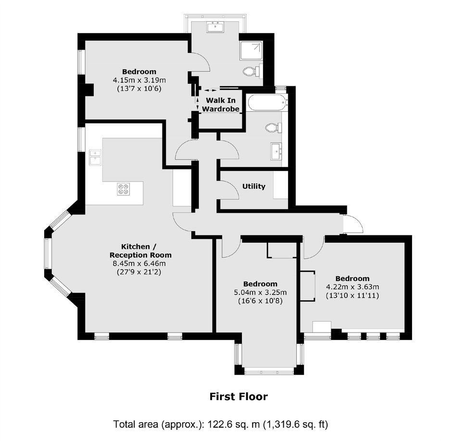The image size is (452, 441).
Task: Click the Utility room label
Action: pyautogui.click(x=254, y=186)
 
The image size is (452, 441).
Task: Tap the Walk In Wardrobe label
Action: pyautogui.click(x=221, y=104)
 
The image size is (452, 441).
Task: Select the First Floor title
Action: pyautogui.click(x=239, y=397)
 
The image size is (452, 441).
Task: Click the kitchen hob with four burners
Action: pyautogui.click(x=124, y=189)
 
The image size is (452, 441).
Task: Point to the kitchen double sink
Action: pyautogui.click(x=95, y=157)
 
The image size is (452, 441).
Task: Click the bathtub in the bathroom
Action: pyautogui.click(x=267, y=103)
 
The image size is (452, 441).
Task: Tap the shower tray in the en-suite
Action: pyautogui.click(x=251, y=51)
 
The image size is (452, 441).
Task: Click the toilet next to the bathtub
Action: pyautogui.click(x=274, y=127)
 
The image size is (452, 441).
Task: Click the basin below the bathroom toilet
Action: pyautogui.click(x=276, y=151)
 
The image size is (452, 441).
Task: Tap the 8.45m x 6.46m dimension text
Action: pyautogui.click(x=139, y=263)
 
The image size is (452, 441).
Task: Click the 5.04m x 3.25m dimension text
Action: pyautogui.click(x=260, y=292)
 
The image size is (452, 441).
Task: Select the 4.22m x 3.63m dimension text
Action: pyautogui.click(x=352, y=287)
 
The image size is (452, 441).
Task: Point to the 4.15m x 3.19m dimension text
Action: pyautogui.click(x=139, y=80)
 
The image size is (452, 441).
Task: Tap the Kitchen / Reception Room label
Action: pyautogui.click(x=140, y=251)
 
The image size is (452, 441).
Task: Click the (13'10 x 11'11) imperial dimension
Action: pyautogui.click(x=352, y=296)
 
